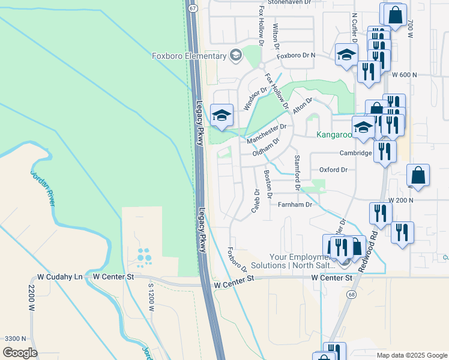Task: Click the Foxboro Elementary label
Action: [x=188, y=56]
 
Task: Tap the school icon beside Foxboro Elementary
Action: [x=236, y=56]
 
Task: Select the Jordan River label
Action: [x=43, y=188]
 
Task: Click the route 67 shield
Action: [x=192, y=9]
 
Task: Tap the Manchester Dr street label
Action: [x=267, y=133]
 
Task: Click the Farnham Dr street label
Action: [x=295, y=205]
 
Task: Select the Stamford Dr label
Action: [x=297, y=173]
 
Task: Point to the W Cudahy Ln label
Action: [x=59, y=277]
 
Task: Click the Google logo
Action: [x=20, y=353]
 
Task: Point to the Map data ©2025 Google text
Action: [x=411, y=355]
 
